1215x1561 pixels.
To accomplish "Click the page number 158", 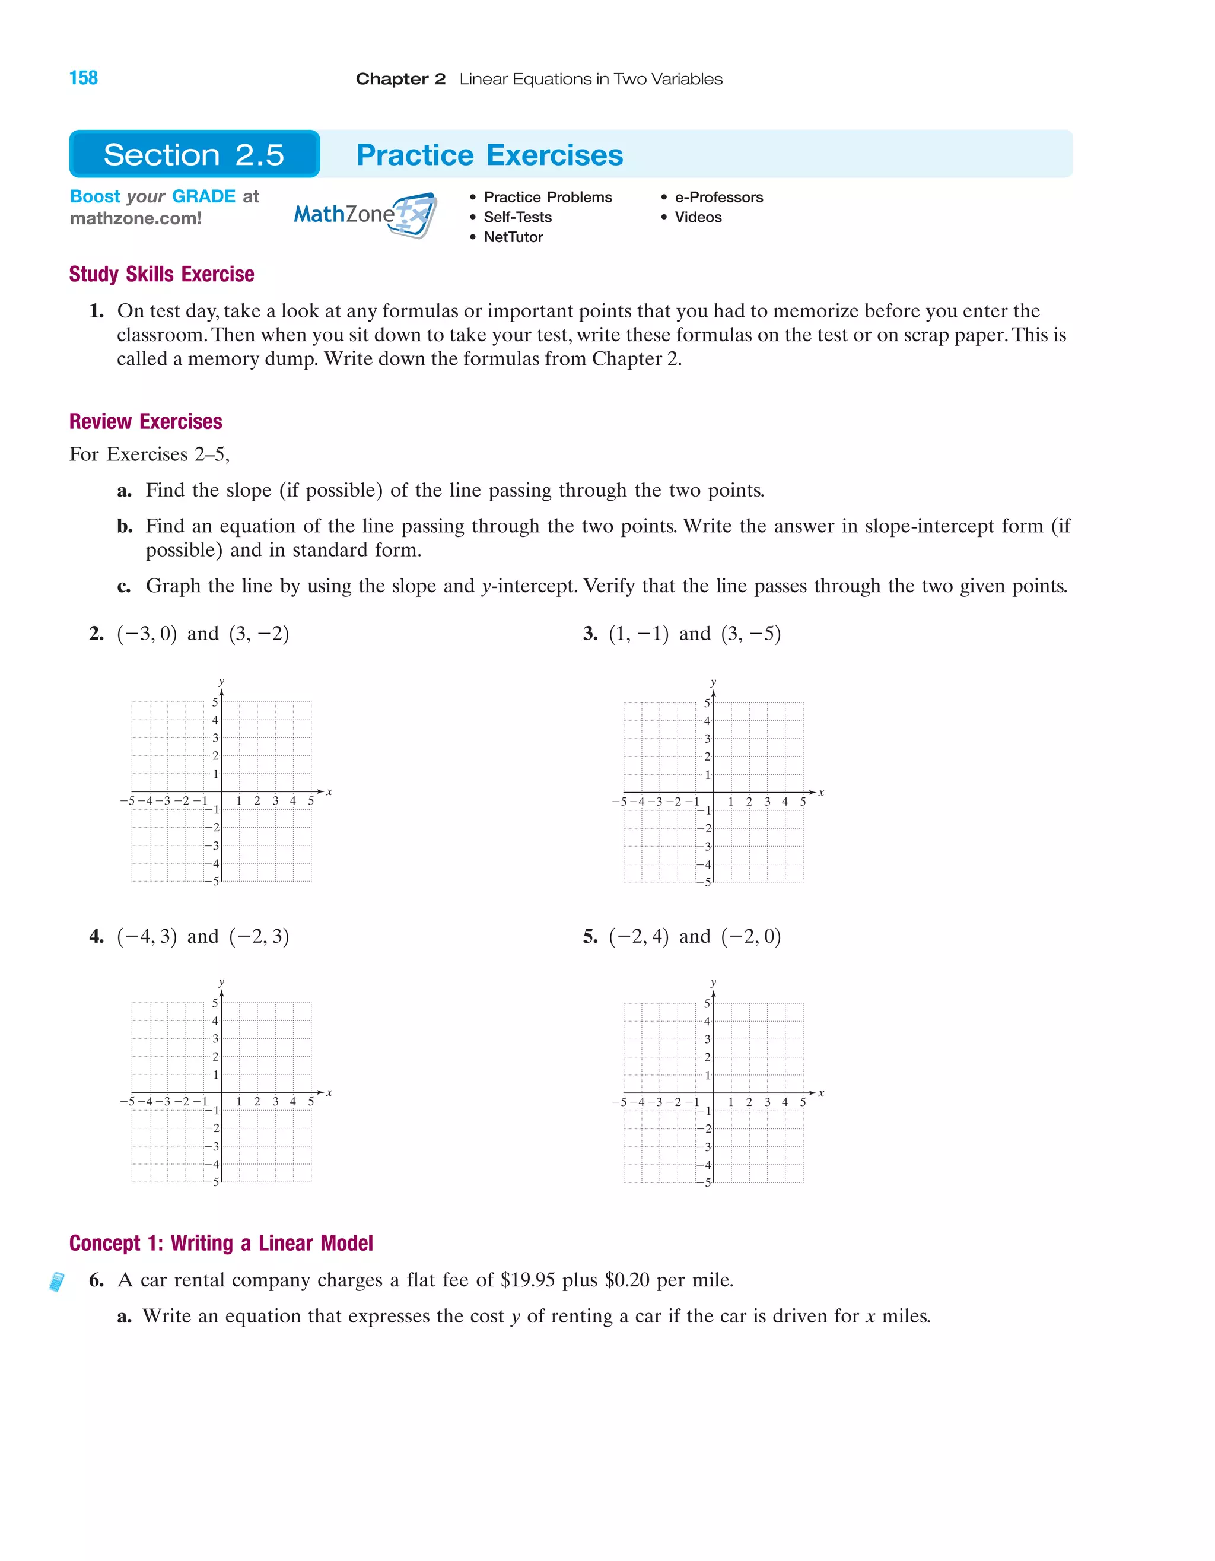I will (x=84, y=78).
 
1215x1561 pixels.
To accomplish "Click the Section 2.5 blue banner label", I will (x=193, y=154).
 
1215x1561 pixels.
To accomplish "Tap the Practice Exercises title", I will (x=489, y=155).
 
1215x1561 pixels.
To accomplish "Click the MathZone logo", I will (x=364, y=214).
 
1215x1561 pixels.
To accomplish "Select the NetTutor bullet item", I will (x=513, y=237).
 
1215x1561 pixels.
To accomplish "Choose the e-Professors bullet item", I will (x=718, y=197).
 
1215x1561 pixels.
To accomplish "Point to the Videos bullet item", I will (x=698, y=217).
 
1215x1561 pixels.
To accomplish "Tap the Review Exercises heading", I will (x=146, y=422).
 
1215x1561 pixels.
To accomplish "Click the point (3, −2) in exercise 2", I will (x=259, y=634).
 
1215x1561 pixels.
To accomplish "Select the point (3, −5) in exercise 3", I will (x=750, y=634).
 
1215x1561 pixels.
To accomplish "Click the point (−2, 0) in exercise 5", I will (x=750, y=936).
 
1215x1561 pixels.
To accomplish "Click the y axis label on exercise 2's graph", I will (x=221, y=681).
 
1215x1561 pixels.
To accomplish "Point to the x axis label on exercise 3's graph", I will (x=821, y=793).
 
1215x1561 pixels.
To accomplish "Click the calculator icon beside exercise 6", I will (x=56, y=1282).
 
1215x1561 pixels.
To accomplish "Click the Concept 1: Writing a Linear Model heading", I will (x=221, y=1243).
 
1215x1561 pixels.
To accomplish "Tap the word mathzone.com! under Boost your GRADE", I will (x=136, y=219).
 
